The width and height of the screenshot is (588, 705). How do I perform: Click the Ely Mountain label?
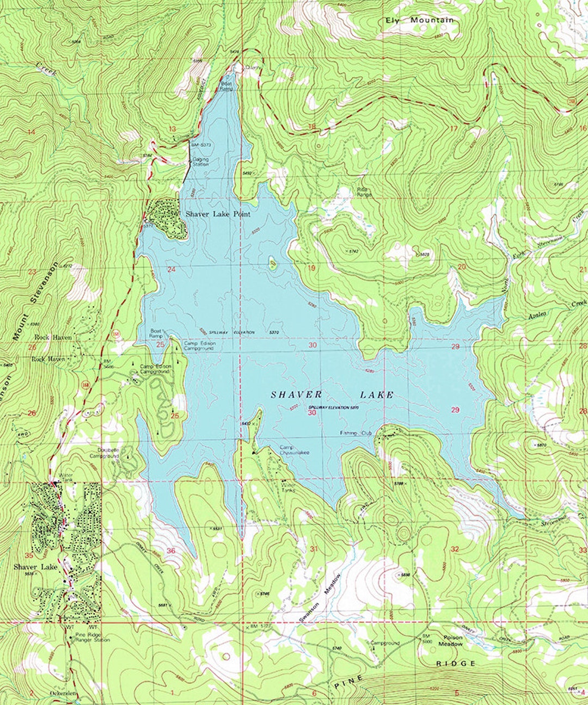(x=419, y=21)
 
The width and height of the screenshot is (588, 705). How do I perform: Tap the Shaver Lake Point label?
(x=218, y=214)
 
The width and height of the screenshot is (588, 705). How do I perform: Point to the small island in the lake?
(x=272, y=264)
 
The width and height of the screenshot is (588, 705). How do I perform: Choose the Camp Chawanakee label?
(x=294, y=450)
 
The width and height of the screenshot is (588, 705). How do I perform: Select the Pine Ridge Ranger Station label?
(x=92, y=637)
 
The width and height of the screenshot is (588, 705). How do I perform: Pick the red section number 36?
(x=171, y=551)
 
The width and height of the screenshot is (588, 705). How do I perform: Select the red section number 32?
(x=455, y=549)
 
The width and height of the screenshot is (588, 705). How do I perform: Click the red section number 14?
(x=30, y=132)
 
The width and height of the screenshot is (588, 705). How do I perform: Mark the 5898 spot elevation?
(x=405, y=574)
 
